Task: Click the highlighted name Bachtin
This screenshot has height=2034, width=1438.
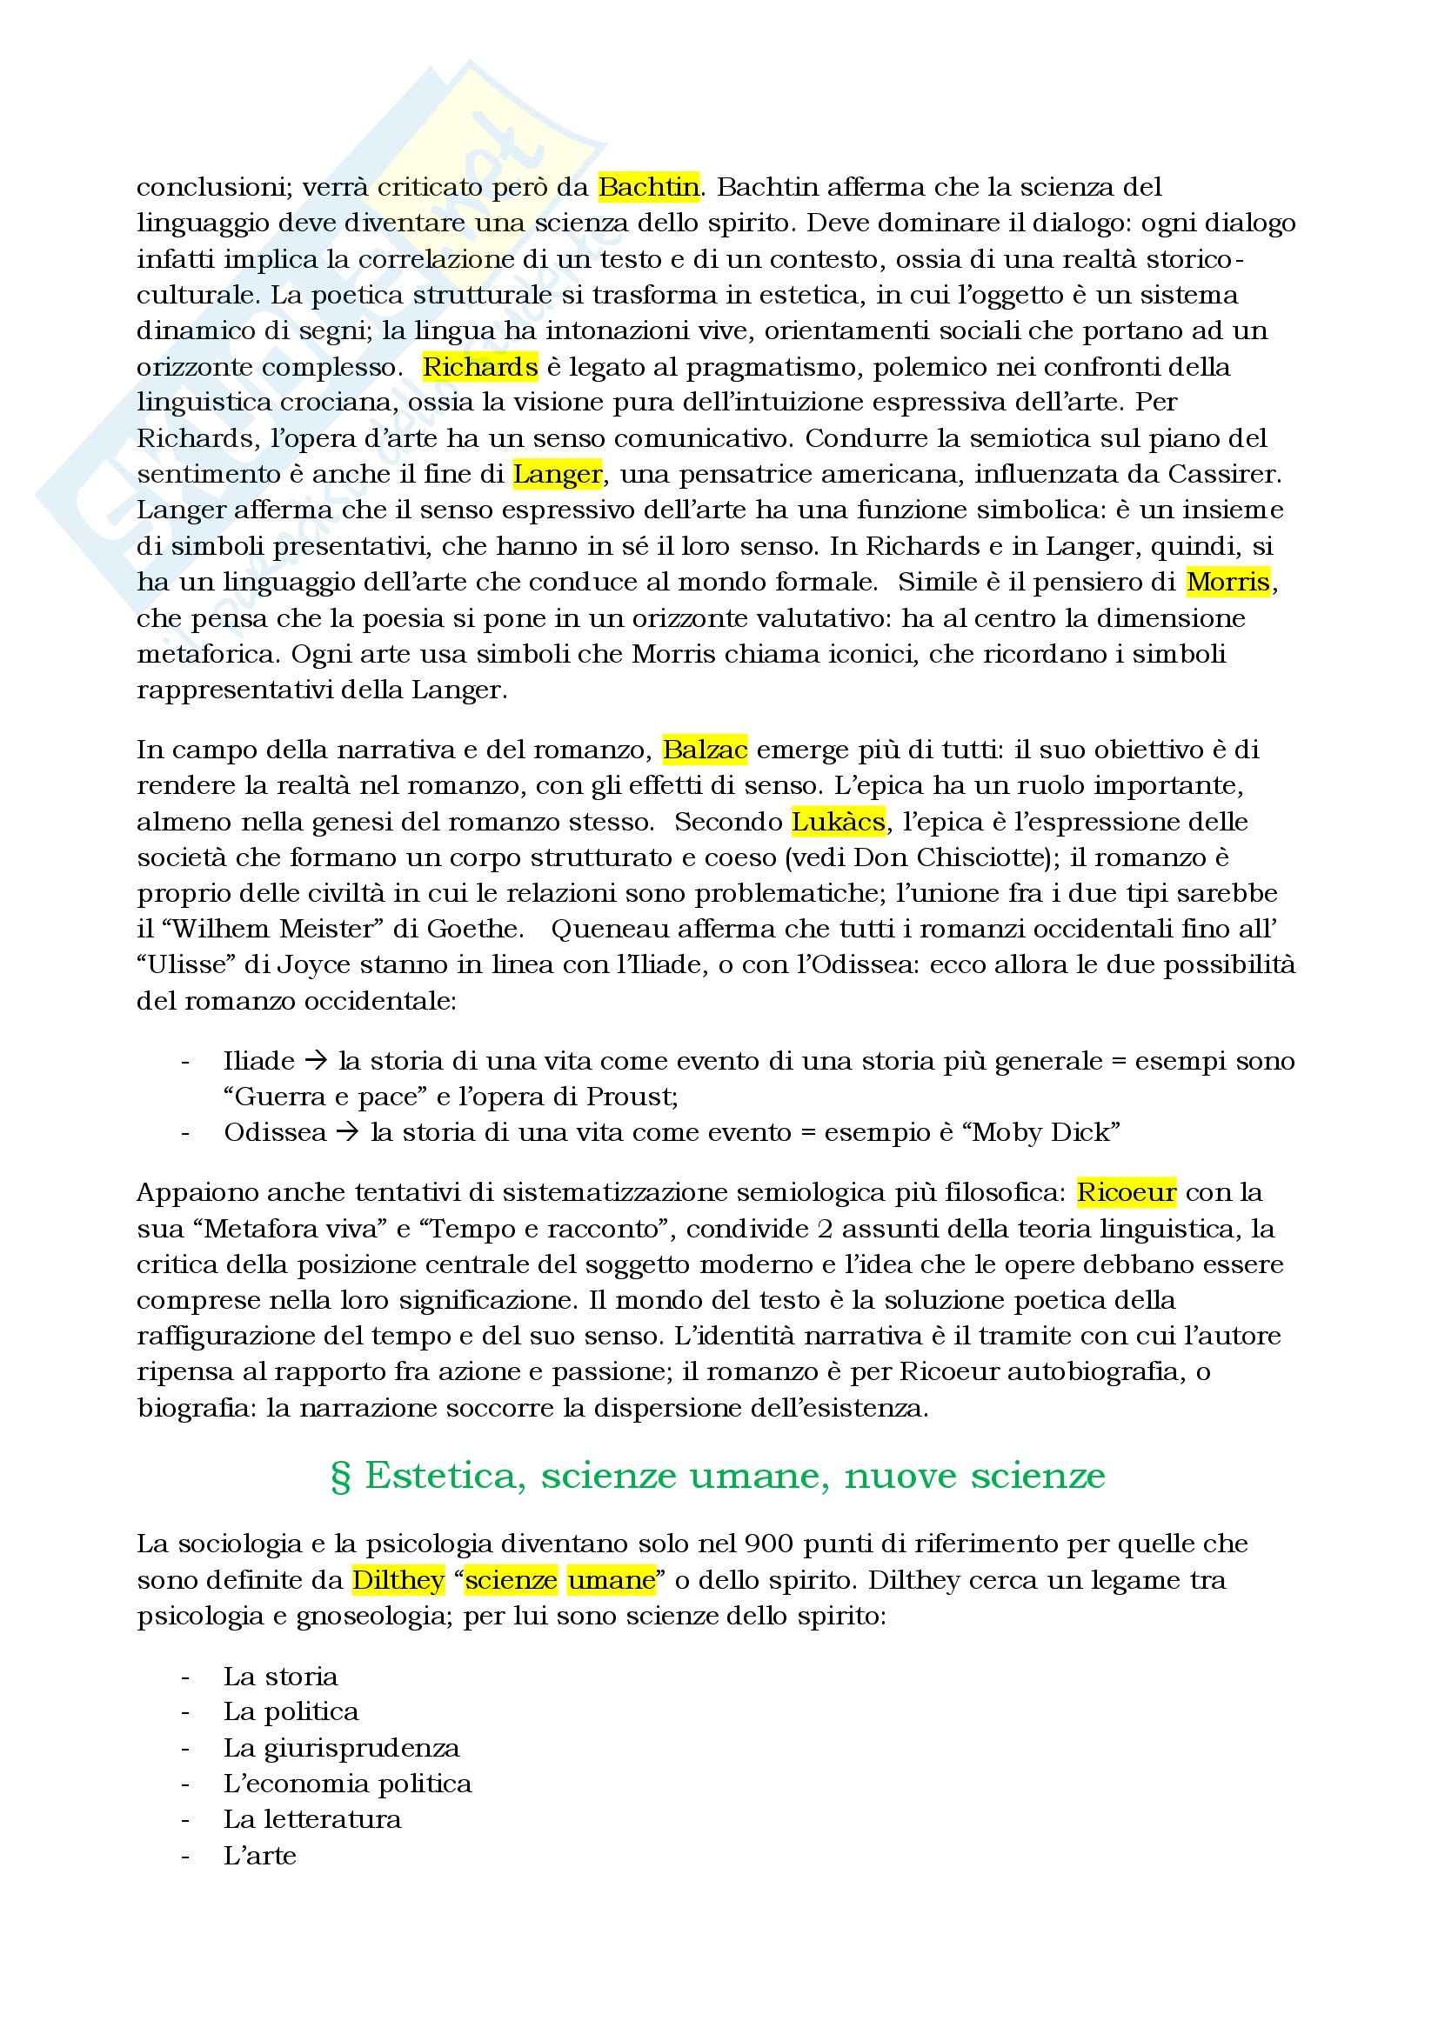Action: pos(649,187)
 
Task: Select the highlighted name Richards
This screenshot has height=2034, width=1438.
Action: pos(479,367)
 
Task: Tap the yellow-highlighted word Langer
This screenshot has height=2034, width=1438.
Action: pos(558,474)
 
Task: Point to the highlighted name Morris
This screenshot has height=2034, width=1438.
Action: pos(1228,582)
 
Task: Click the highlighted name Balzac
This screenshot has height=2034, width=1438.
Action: pos(706,750)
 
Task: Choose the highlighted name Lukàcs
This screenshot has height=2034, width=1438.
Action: pos(838,822)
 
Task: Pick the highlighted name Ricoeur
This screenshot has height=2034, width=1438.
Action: pos(1126,1192)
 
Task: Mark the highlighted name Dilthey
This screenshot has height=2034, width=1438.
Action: pos(398,1579)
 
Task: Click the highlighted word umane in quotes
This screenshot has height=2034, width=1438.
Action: pos(612,1579)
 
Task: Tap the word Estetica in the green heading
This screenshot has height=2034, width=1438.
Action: pos(439,1476)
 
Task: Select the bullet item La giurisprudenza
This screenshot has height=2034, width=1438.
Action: pos(341,1748)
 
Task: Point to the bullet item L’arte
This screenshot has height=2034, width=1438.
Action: pos(259,1855)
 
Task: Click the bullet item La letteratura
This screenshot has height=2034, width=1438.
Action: pos(312,1818)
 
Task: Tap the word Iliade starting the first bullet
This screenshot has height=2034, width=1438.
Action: pos(258,1060)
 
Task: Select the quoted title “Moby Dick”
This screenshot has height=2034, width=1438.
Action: pos(1041,1132)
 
